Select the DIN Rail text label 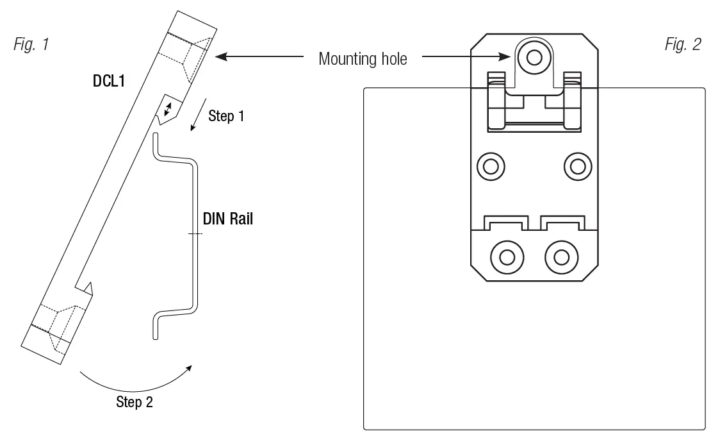click(228, 219)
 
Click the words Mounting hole click(363, 59)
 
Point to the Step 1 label click(226, 116)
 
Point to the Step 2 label click(134, 403)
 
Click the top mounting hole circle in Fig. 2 click(534, 58)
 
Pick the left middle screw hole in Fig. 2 click(491, 166)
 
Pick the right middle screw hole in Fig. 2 click(577, 166)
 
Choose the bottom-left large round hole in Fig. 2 click(507, 257)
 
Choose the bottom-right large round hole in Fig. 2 click(561, 257)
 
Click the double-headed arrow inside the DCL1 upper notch click(169, 110)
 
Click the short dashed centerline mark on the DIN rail click(195, 234)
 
